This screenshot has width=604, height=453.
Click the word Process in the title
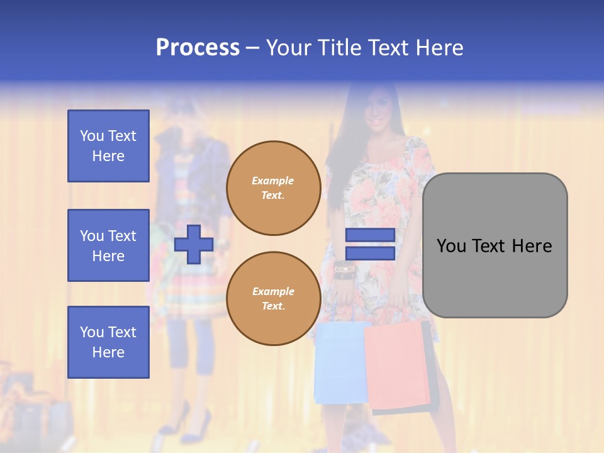198,47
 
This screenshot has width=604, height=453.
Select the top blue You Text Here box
108,146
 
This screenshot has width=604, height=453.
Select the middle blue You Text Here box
108,245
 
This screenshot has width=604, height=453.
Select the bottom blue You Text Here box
108,342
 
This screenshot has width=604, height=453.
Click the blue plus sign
193,245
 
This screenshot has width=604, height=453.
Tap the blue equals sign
370,245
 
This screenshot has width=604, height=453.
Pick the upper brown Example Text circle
273,188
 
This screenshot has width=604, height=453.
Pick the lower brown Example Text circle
273,298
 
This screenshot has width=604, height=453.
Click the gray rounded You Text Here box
495,245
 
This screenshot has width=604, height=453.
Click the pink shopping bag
396,365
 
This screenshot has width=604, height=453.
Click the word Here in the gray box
532,246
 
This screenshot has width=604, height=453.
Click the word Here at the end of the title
435,47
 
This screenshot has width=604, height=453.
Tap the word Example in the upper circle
273,181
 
